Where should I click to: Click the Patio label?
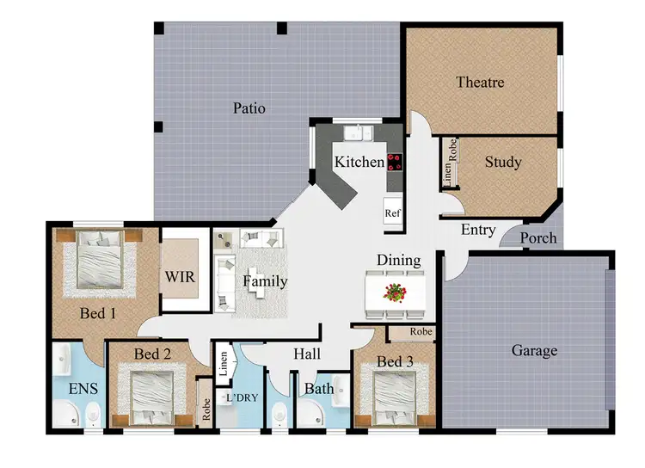point(249,108)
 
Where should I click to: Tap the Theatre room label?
point(480,83)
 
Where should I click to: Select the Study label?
point(503,162)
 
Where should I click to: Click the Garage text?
point(534,350)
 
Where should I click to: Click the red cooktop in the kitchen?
point(395,163)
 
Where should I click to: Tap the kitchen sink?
point(356,133)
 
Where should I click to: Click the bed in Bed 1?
point(98,262)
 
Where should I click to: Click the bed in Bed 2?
point(155,394)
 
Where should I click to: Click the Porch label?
point(539,238)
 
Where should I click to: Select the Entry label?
point(478,230)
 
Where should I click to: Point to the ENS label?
point(83,388)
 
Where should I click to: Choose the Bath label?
point(319,389)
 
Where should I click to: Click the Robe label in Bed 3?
point(409,331)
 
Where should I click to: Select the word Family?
point(265,281)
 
